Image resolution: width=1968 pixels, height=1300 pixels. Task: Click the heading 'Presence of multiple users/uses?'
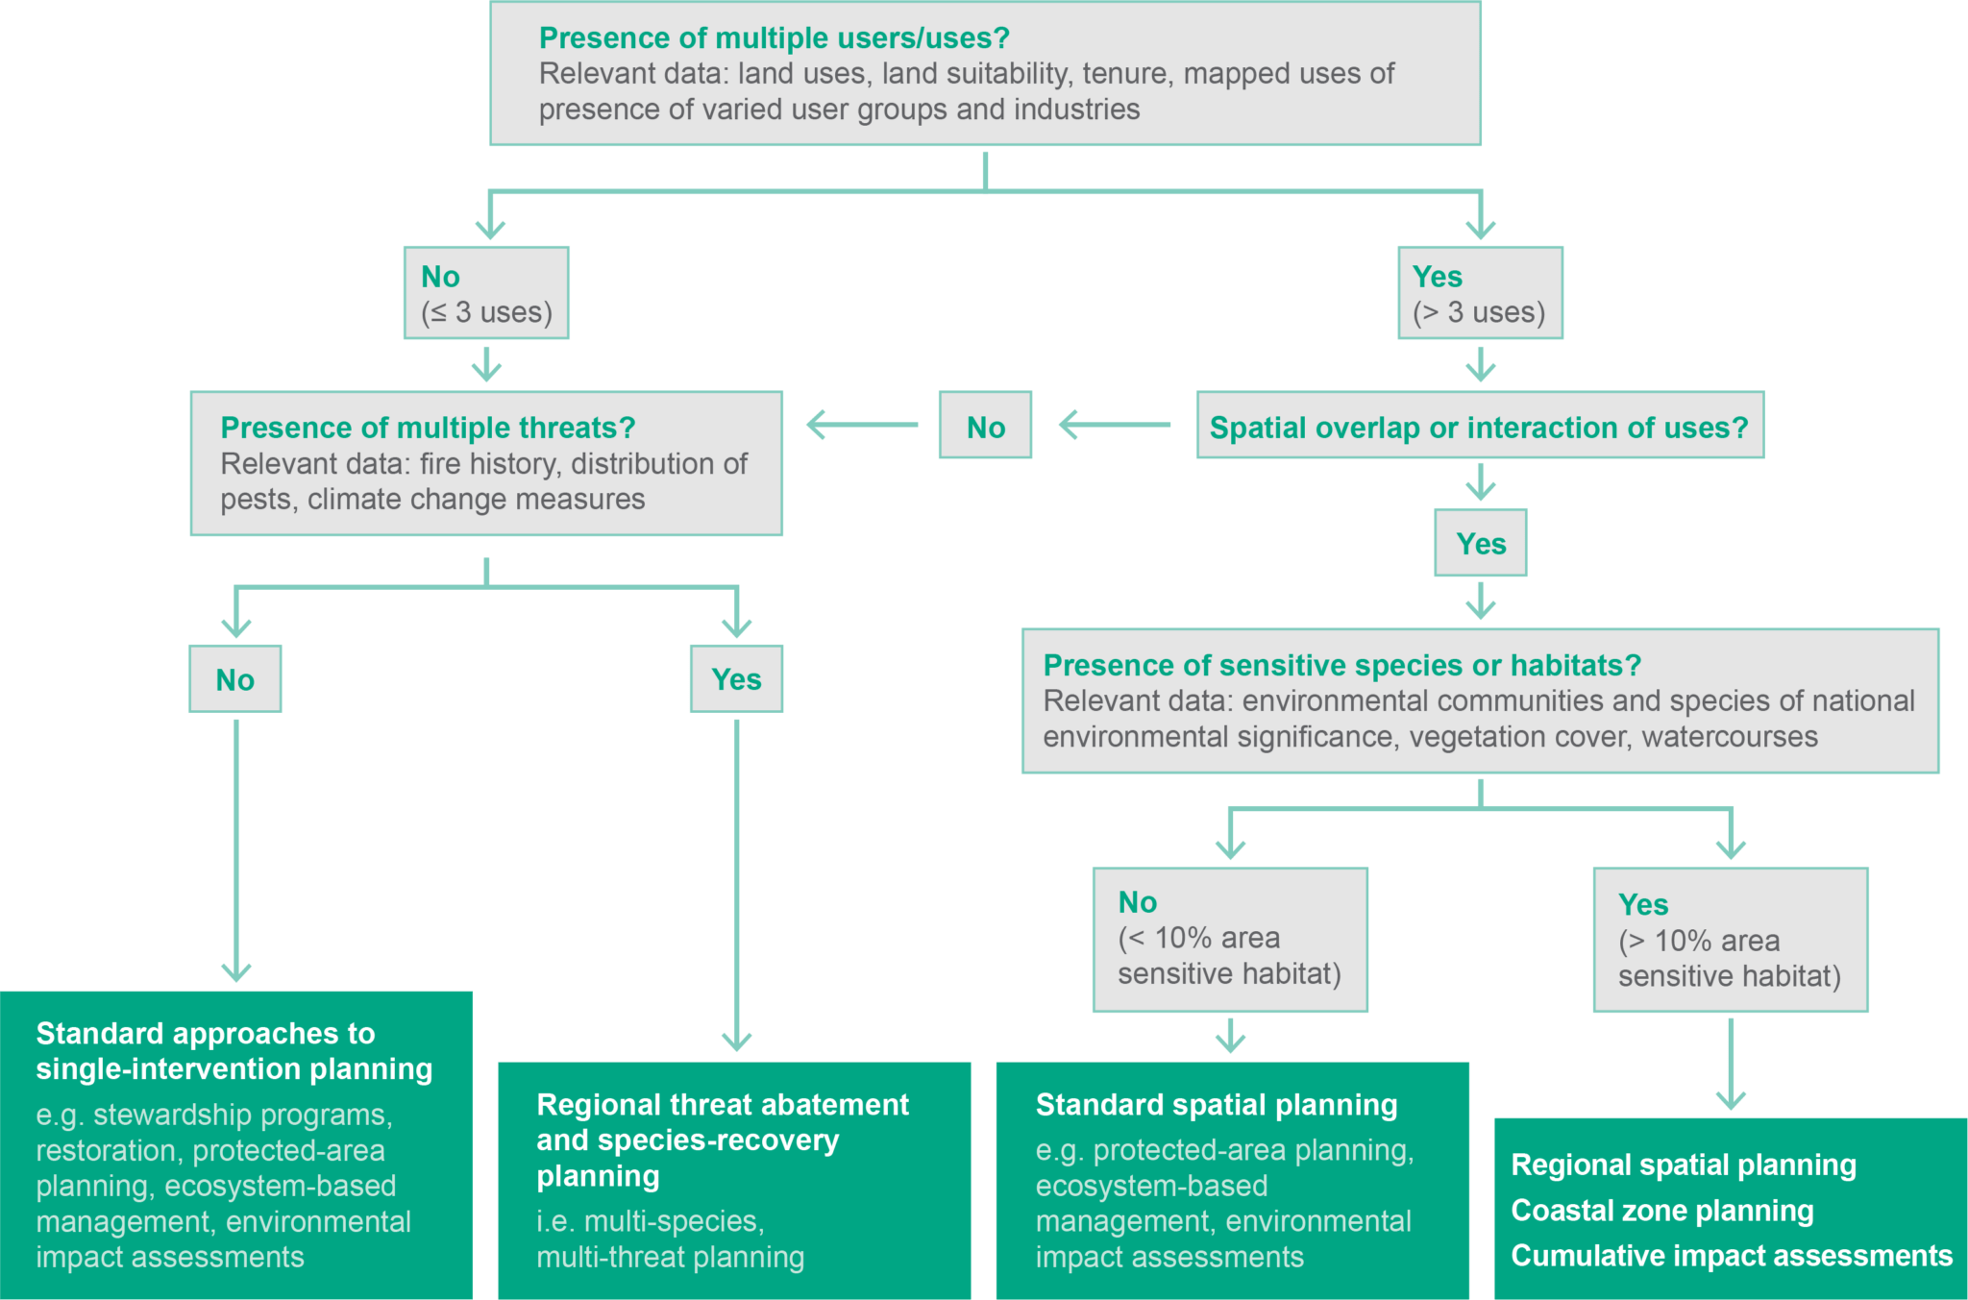click(x=774, y=38)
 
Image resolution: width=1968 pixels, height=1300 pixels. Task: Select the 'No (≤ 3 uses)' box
click(x=486, y=293)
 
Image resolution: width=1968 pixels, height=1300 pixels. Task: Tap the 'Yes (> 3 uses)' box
click(x=1480, y=293)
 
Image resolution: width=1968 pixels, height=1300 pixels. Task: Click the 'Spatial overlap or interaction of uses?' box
click(x=1479, y=427)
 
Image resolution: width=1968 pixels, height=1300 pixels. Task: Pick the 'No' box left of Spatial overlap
click(x=985, y=427)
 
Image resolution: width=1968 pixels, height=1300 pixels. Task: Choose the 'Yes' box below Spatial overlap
click(x=1480, y=544)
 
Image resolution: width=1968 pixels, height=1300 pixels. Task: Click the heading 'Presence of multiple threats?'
click(x=428, y=428)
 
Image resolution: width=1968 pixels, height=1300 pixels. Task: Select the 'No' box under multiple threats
click(x=235, y=679)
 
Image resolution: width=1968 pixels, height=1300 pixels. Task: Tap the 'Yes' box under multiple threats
click(x=736, y=679)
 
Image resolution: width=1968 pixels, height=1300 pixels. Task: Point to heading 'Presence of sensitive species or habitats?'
click(x=1341, y=665)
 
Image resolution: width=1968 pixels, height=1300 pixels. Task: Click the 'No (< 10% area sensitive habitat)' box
click(x=1230, y=939)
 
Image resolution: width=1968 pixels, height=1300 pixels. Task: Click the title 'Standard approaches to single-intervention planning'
click(x=234, y=1051)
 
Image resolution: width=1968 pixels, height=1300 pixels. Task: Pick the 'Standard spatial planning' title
click(x=1216, y=1105)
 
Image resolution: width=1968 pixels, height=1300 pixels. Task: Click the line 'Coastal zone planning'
click(x=1661, y=1211)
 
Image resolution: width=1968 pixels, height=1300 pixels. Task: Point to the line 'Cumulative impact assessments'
click(x=1731, y=1256)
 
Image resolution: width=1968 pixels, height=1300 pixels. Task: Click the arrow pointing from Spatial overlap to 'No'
click(x=1114, y=425)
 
